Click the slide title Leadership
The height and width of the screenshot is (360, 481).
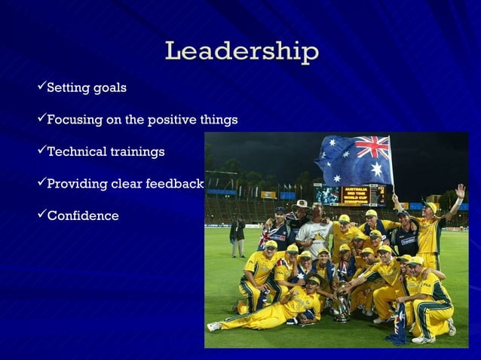click(241, 52)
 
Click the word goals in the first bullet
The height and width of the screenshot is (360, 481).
click(109, 89)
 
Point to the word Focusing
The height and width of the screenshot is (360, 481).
click(74, 121)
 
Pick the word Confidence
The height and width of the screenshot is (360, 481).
click(83, 216)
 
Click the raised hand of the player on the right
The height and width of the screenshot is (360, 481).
click(460, 191)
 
